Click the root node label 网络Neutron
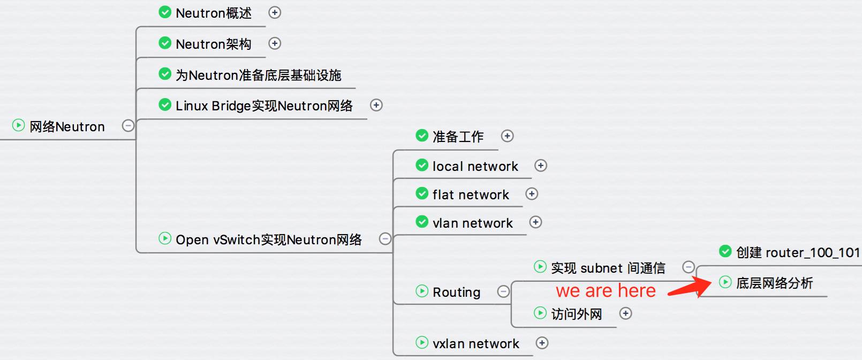point(67,127)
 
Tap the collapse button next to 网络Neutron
point(128,125)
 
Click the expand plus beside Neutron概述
point(275,12)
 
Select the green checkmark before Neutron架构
point(165,43)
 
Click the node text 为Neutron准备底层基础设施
point(258,75)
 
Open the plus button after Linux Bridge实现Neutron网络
point(376,105)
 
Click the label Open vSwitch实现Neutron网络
point(268,239)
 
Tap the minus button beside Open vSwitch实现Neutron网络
point(385,238)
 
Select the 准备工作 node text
point(458,137)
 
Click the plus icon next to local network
point(541,166)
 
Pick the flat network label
point(471,194)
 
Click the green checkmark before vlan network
point(422,222)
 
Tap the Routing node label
point(456,292)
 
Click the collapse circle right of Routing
point(503,291)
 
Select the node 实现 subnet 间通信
point(608,268)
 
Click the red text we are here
point(606,290)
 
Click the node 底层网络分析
point(774,283)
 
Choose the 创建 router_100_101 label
point(797,252)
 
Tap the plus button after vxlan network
point(542,343)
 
